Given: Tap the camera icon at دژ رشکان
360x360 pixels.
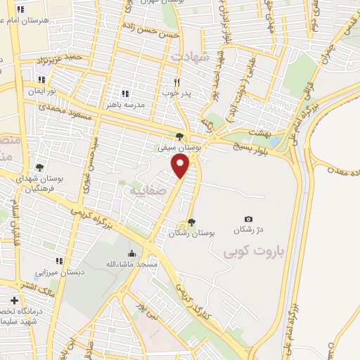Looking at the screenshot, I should pyautogui.click(x=247, y=220).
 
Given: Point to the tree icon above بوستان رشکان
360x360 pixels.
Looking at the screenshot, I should pyautogui.click(x=191, y=222).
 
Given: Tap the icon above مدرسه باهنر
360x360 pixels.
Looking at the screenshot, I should pyautogui.click(x=125, y=94).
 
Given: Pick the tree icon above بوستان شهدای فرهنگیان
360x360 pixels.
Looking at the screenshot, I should pyautogui.click(x=41, y=167).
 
